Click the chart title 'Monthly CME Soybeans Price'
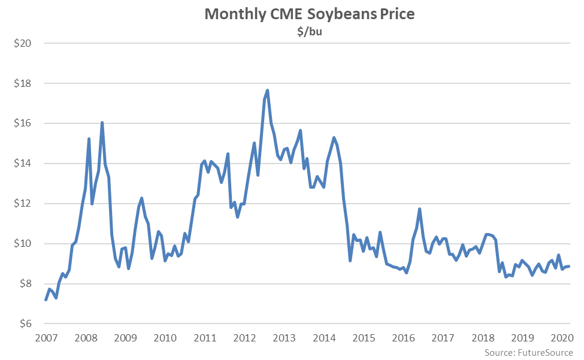(309, 14)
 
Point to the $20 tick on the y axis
(23, 44)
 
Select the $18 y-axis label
(23, 84)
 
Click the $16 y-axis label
(23, 124)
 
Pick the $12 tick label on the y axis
(23, 204)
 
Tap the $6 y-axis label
(26, 324)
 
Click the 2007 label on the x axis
(46, 338)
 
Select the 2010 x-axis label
(165, 338)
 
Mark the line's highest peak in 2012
(267, 90)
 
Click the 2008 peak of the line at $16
(102, 123)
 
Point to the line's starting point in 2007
(46, 300)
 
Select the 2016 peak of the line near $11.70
(419, 209)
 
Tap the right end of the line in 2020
(568, 267)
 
